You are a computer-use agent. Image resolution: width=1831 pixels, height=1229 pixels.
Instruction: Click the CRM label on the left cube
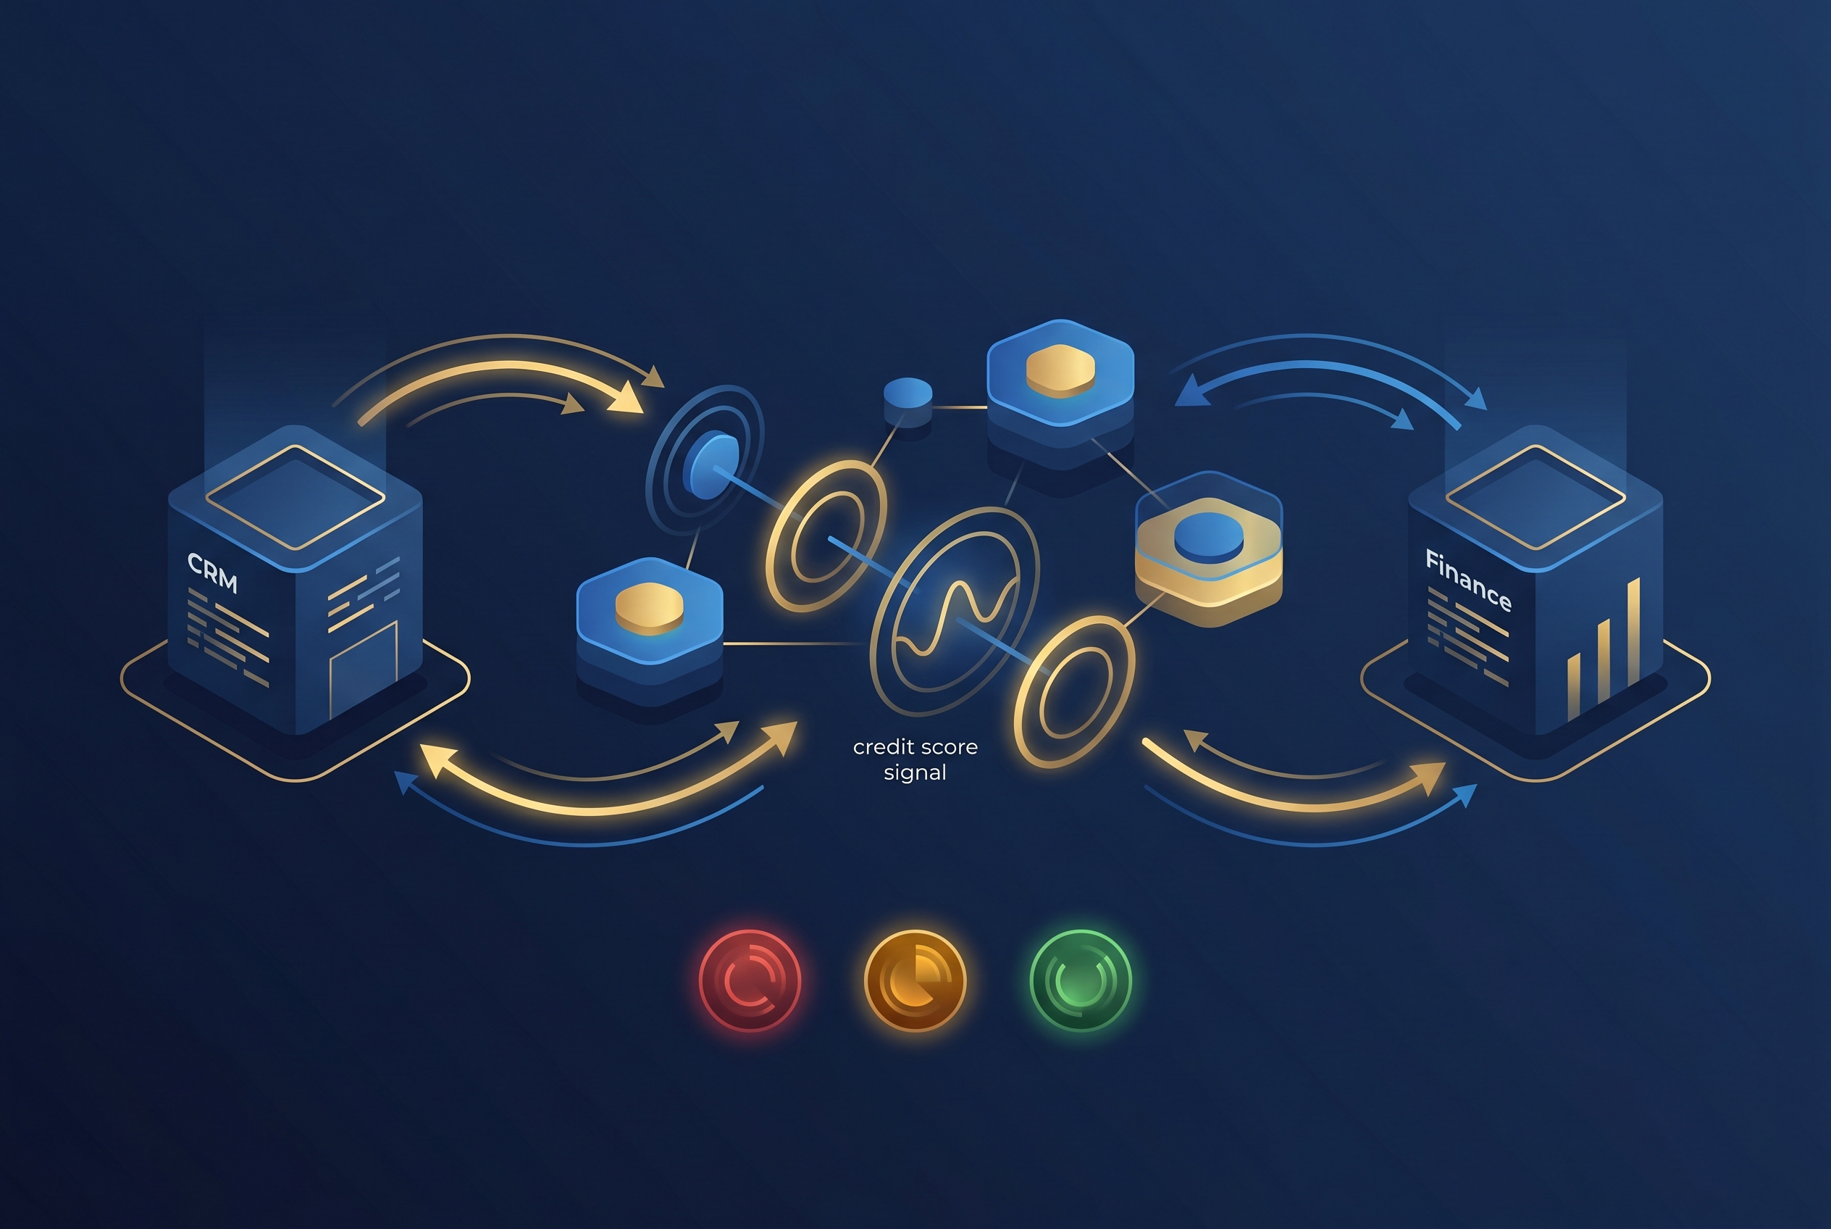[x=212, y=573]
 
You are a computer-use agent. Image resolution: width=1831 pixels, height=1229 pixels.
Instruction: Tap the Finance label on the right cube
[x=1467, y=580]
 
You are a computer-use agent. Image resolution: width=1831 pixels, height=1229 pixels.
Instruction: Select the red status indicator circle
[x=750, y=980]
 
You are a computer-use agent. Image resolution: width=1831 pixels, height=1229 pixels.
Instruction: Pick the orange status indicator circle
[x=915, y=980]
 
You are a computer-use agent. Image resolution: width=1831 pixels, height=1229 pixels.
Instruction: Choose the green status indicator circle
[x=1081, y=980]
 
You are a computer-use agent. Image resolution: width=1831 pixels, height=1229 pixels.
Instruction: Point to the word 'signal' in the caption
[x=915, y=772]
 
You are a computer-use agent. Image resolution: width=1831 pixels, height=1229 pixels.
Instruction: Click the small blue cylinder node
[x=908, y=403]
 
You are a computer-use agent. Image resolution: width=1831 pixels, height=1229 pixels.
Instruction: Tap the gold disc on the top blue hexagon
[x=1060, y=370]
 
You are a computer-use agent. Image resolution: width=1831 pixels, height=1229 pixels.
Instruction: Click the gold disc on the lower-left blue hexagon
[x=650, y=608]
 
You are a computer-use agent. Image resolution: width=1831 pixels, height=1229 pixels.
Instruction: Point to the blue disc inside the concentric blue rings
[x=711, y=464]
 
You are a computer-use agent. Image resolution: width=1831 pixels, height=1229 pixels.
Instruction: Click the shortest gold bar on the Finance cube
[x=1573, y=687]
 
